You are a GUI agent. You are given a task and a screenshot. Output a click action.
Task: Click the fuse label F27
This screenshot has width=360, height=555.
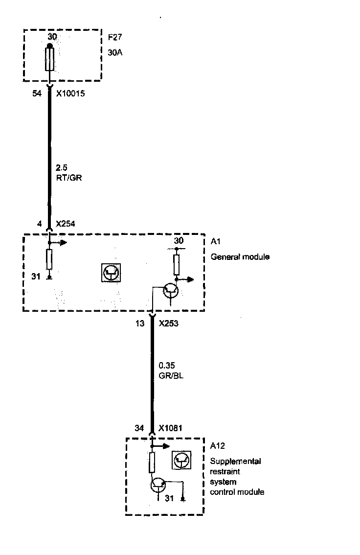114,37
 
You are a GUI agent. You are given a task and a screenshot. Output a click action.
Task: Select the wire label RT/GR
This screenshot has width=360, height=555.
69,178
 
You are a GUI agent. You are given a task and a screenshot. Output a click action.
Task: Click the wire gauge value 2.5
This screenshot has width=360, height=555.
62,168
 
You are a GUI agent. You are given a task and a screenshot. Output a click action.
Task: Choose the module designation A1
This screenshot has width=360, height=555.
215,242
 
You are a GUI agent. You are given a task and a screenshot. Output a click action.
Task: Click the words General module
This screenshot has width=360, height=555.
240,256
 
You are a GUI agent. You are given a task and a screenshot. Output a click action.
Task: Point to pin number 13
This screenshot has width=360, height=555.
140,323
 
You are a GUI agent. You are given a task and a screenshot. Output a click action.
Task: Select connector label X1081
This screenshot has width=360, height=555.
170,428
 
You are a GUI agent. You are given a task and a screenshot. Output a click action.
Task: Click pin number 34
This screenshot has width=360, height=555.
139,428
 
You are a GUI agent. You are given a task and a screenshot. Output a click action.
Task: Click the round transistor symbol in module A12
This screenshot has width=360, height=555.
158,485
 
